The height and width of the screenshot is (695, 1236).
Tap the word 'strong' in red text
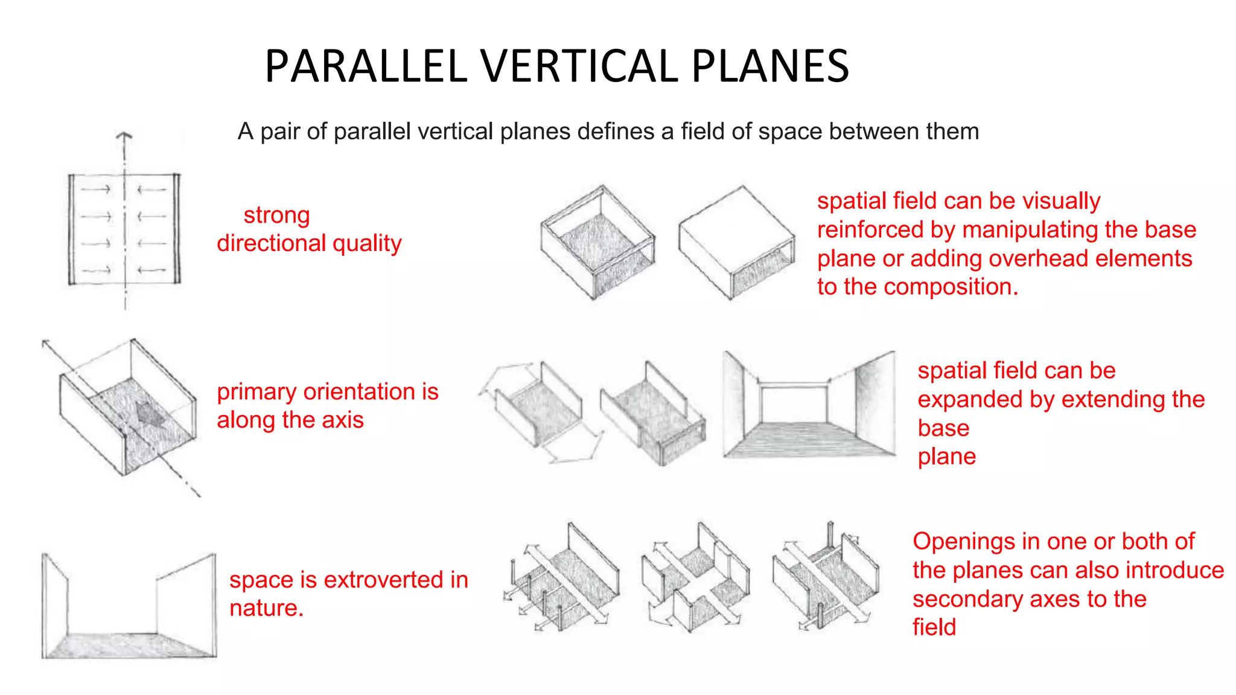(276, 215)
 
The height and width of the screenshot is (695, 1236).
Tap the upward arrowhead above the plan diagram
(124, 136)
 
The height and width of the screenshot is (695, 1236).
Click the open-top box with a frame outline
(597, 243)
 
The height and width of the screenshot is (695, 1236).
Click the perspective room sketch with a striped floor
(809, 405)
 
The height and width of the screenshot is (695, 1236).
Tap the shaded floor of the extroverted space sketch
(130, 646)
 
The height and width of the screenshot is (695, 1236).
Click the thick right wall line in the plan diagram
(177, 229)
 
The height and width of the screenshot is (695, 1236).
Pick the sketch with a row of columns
(561, 579)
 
